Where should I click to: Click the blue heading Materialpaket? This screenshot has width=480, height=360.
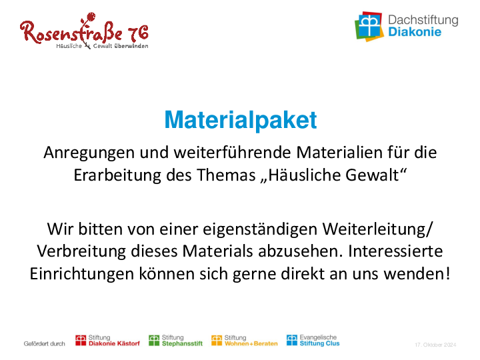click(241, 120)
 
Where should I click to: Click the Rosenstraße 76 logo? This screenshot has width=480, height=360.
click(84, 31)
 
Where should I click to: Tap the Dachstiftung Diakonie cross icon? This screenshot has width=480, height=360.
click(369, 26)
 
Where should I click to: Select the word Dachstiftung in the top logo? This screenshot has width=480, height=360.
click(423, 20)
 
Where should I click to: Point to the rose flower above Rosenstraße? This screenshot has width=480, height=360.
click(91, 17)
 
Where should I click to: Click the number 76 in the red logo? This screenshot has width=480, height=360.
click(139, 33)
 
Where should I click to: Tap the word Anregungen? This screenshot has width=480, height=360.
click(89, 153)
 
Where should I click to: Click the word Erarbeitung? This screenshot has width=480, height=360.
click(117, 176)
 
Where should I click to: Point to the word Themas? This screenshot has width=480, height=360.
click(226, 175)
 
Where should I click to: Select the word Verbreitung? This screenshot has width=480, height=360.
click(81, 251)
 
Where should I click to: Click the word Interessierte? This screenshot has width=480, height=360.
click(395, 251)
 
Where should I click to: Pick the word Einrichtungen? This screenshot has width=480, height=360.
click(82, 274)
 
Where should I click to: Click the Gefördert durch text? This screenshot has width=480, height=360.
click(45, 344)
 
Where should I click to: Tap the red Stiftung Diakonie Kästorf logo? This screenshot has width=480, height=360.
click(107, 341)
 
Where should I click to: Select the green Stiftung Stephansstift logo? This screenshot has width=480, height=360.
click(176, 341)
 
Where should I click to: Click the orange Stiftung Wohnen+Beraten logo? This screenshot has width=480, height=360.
click(244, 341)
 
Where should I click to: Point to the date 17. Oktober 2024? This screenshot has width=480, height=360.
click(435, 345)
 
